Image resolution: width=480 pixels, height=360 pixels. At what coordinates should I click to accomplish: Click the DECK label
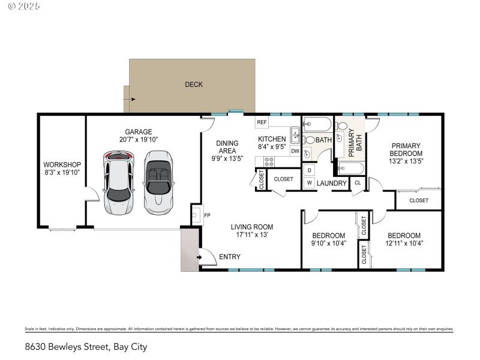193,85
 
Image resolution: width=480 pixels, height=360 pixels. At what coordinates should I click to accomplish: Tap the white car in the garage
119,182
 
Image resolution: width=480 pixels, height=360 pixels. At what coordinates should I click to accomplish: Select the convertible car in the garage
158,182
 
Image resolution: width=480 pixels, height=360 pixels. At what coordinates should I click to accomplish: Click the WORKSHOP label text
62,164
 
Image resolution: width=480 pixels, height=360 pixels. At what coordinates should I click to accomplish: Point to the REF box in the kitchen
262,122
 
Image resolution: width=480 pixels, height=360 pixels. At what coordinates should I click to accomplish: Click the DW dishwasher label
295,151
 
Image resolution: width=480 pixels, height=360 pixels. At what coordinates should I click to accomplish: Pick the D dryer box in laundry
309,170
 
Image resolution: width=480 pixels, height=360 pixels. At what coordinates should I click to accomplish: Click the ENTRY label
229,257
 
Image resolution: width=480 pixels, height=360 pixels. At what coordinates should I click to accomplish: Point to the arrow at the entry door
199,258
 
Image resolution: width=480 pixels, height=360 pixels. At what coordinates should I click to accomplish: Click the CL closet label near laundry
358,183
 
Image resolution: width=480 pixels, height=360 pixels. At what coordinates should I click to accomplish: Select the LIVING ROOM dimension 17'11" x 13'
252,235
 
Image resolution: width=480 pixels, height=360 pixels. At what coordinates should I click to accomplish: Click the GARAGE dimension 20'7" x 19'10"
138,140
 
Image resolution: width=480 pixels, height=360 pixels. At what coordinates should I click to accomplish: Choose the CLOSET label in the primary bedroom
419,200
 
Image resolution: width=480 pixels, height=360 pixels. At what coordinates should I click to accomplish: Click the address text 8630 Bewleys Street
86,346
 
